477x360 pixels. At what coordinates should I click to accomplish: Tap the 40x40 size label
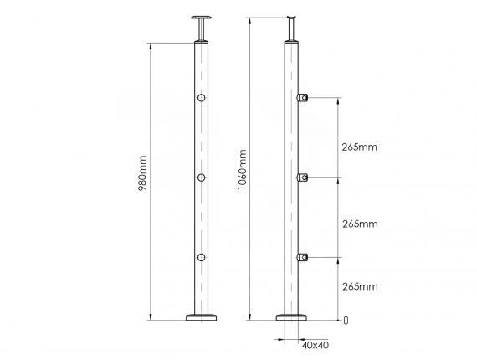pos(315,344)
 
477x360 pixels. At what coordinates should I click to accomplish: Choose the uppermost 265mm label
pos(360,147)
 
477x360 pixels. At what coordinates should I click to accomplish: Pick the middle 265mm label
pos(360,224)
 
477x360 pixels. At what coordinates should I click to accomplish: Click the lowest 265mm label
pos(360,286)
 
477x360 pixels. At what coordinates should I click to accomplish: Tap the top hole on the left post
pos(201,100)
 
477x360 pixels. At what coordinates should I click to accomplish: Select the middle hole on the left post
pos(201,177)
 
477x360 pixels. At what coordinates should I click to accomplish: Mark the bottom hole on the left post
pos(201,256)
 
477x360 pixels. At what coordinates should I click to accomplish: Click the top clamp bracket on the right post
pos(304,99)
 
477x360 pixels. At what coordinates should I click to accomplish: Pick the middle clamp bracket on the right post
pos(304,177)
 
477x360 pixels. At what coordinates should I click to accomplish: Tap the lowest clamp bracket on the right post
pos(304,256)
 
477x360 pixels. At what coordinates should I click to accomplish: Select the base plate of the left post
pos(201,316)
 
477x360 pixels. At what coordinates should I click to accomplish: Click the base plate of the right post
pos(292,316)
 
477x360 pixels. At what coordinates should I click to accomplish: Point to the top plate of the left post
pos(201,18)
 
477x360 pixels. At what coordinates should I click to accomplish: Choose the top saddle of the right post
pos(292,18)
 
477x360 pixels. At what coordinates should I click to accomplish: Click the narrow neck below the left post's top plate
pos(201,30)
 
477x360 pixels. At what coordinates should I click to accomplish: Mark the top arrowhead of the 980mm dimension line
pos(151,45)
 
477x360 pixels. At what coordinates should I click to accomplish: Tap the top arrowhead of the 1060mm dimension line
pos(250,19)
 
